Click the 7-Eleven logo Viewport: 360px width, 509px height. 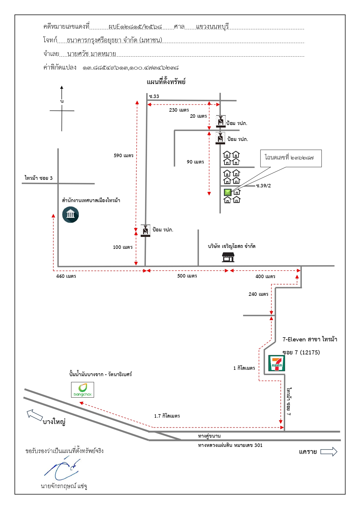[x=276, y=363]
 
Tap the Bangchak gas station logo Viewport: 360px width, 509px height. [x=83, y=390]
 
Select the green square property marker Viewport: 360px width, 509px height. [x=228, y=192]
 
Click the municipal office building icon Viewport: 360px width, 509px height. [x=70, y=215]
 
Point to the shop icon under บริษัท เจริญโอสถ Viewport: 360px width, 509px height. [x=228, y=257]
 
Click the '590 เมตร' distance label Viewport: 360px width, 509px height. [x=124, y=155]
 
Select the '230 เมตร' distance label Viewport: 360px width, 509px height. [x=179, y=110]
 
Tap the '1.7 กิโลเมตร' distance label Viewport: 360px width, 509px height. [x=167, y=416]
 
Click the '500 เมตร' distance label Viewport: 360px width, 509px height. [x=187, y=276]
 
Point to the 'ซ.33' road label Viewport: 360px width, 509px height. [x=154, y=96]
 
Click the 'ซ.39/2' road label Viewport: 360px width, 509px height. [x=263, y=186]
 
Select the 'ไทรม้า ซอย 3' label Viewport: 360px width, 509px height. [x=39, y=178]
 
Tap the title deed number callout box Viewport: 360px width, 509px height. [x=291, y=158]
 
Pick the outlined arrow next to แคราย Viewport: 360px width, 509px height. [x=329, y=452]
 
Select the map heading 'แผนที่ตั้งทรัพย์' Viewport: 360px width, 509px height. [x=166, y=81]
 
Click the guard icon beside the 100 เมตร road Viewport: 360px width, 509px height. [x=145, y=231]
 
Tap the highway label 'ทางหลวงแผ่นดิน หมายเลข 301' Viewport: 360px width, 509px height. [x=230, y=445]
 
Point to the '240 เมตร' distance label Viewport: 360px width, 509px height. [x=258, y=294]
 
